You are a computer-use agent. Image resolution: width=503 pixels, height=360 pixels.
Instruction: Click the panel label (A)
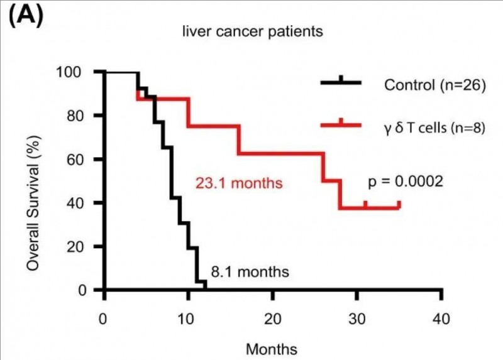click(25, 15)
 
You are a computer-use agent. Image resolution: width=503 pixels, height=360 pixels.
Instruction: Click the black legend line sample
click(341, 83)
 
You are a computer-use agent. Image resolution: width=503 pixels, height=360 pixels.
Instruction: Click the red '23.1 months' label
click(237, 185)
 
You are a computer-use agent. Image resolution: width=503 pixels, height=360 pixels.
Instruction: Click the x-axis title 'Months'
click(272, 348)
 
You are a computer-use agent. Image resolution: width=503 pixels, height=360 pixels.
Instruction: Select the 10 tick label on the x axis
click(187, 317)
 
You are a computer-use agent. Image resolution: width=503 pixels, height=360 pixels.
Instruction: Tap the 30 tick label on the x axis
click(357, 317)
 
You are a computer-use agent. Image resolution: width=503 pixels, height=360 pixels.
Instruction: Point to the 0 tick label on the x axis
click(103, 317)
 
